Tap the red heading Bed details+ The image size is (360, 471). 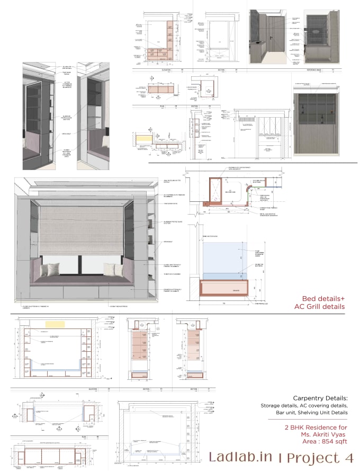click(x=323, y=298)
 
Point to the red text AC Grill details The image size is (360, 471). click(x=319, y=306)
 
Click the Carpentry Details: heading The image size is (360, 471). click(x=320, y=398)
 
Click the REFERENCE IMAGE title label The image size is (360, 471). click(x=316, y=69)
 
